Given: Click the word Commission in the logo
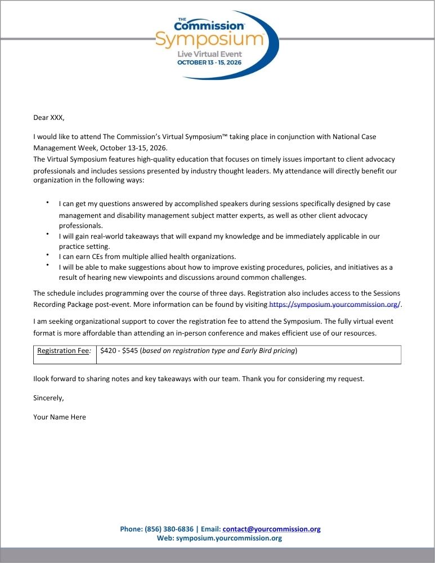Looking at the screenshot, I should [209, 25].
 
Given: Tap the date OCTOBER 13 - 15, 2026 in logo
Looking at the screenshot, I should [209, 62].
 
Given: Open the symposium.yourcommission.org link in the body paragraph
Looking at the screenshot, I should [335, 305].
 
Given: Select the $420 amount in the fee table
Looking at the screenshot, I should [109, 351].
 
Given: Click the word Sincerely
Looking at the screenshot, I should [48, 398].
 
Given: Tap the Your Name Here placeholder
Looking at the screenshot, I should [60, 417].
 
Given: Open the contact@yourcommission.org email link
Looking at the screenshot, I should [271, 529].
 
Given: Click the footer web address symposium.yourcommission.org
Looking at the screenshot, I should [228, 538].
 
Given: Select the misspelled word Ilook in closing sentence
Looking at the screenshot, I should [42, 379].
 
